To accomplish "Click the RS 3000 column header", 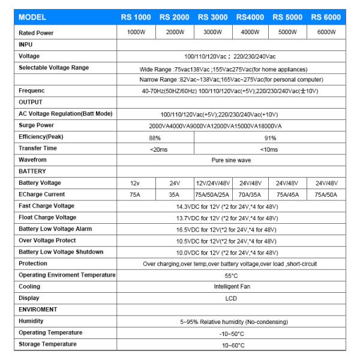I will [212, 17].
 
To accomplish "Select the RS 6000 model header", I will [326, 17].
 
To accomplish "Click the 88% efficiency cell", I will [155, 137].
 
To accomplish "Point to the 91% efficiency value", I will [269, 137].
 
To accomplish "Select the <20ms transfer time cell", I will [155, 149].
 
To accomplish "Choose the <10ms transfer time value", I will [269, 149].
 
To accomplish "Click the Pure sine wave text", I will [231, 160].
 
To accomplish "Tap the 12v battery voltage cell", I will [136, 183].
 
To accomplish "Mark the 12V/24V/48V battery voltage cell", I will [212, 183].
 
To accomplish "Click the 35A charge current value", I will [174, 194].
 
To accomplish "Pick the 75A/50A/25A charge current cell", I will [212, 194].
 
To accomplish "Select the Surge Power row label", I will [37, 125].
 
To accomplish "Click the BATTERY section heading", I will [32, 172].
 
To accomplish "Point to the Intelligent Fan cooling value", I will [231, 287].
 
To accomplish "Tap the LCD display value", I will [231, 298].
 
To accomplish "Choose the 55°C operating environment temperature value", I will [231, 275].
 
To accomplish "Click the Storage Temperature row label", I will [47, 344].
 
